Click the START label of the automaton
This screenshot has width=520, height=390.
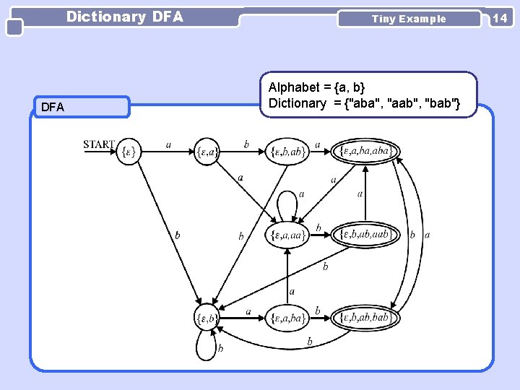click(x=99, y=144)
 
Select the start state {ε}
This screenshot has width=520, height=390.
click(x=129, y=152)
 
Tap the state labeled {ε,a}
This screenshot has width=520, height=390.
click(x=207, y=152)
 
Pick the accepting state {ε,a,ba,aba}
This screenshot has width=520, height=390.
click(x=365, y=151)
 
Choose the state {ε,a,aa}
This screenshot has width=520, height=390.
click(x=287, y=235)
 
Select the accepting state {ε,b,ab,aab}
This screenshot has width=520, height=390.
click(x=365, y=234)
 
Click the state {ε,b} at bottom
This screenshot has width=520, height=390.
click(x=207, y=317)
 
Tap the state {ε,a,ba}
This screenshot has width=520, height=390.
click(x=287, y=317)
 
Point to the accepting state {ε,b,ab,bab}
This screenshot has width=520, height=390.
click(x=365, y=317)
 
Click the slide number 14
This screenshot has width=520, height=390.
click(x=500, y=18)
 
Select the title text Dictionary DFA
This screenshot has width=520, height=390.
click(x=125, y=17)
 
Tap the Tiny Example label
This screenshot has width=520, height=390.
click(x=409, y=19)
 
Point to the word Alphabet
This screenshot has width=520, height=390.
click(x=294, y=87)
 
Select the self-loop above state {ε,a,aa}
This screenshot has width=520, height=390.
click(x=287, y=199)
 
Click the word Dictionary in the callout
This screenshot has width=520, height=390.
click(x=298, y=103)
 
